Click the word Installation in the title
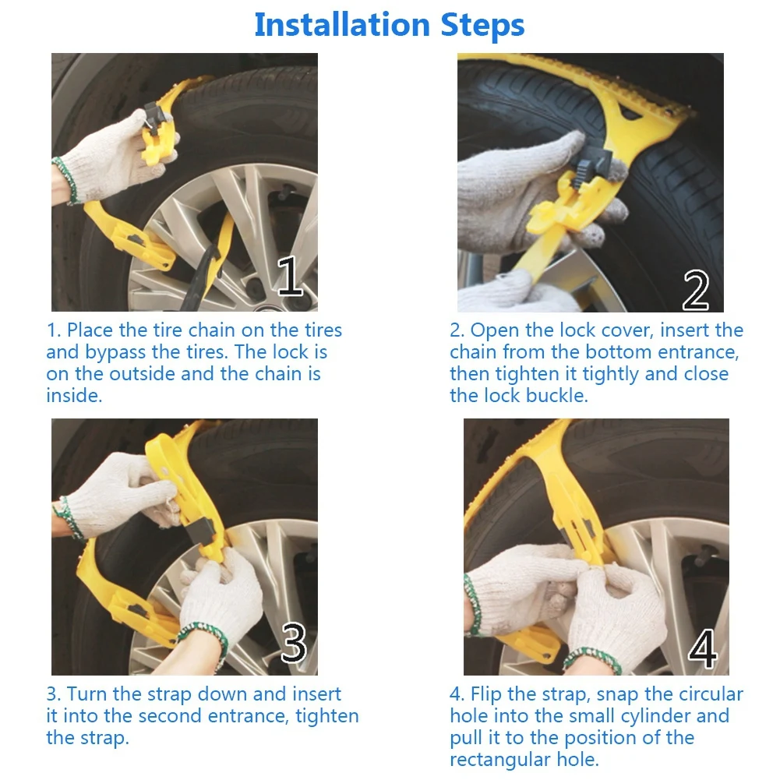tap(342, 24)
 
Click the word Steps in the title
tap(482, 26)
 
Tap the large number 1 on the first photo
tap(290, 276)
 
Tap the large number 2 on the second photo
tap(695, 291)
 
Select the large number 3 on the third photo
tap(294, 643)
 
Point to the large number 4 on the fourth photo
tap(702, 648)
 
